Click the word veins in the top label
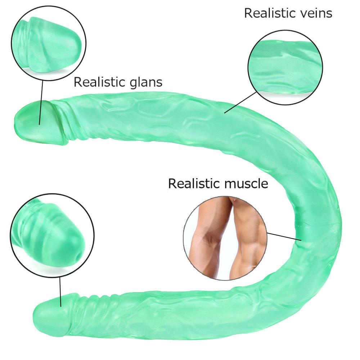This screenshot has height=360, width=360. click(x=311, y=13)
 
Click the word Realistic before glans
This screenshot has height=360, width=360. click(x=100, y=82)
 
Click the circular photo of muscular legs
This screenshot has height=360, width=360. click(x=225, y=238)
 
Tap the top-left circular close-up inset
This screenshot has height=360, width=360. click(x=49, y=44)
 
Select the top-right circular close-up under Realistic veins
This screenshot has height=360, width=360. click(x=285, y=67)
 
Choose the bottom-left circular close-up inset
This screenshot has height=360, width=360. click(x=52, y=235)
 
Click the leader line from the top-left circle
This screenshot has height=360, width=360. click(x=41, y=102)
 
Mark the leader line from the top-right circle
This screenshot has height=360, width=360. click(x=240, y=102)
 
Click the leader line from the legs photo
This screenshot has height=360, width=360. click(x=284, y=237)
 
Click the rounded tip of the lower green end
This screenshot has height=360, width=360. click(x=34, y=315)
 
